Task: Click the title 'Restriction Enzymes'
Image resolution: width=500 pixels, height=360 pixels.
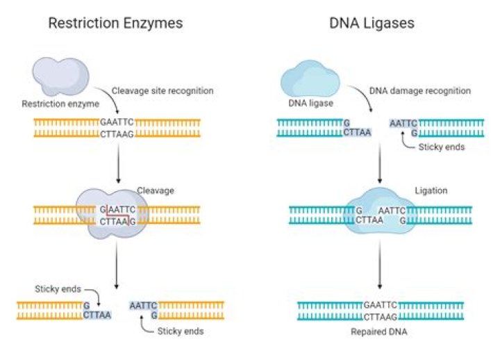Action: [115, 24]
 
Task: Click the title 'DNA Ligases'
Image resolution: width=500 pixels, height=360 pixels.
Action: [372, 24]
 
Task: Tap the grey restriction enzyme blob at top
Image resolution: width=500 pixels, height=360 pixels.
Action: [60, 76]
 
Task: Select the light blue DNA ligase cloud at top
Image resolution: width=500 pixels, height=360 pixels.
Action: [310, 79]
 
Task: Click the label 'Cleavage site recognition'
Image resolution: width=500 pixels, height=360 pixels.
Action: [162, 90]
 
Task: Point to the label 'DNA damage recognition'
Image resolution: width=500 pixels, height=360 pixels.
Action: [420, 90]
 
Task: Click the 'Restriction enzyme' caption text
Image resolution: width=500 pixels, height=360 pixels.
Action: [60, 104]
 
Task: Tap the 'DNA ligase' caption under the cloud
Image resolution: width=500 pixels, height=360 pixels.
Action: [310, 103]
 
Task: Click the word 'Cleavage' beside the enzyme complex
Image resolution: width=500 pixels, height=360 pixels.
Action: [156, 190]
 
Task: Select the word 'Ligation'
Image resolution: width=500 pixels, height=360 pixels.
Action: [431, 190]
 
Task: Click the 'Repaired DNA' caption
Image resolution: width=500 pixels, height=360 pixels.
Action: [379, 332]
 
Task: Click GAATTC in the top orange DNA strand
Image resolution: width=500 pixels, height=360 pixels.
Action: [117, 122]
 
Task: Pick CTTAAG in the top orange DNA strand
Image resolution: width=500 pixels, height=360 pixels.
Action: [117, 134]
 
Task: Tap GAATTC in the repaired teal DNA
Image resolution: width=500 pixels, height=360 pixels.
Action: [380, 305]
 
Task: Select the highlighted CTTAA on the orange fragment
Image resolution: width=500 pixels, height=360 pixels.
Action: [97, 315]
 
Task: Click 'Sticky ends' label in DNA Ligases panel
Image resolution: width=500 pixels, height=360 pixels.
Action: [442, 147]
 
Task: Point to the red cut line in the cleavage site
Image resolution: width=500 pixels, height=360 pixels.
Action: [117, 215]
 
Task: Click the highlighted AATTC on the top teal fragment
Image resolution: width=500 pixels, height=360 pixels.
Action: [403, 123]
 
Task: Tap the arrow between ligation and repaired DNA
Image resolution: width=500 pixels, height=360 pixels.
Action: [379, 264]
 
